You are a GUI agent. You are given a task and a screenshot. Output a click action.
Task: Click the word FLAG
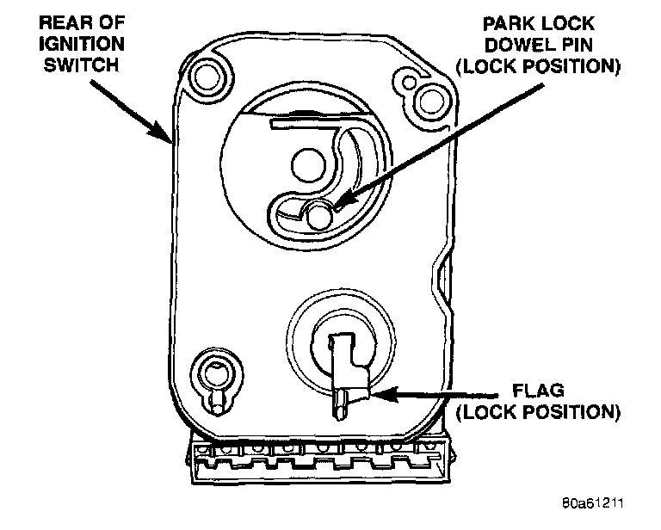point(538,390)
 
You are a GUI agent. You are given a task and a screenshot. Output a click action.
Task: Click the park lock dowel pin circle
point(319,214)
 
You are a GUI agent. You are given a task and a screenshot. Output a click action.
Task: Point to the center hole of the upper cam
point(306,162)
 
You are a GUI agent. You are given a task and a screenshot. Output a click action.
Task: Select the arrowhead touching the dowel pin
point(337,204)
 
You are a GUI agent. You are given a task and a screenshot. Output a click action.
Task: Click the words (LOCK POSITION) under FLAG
point(538,410)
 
